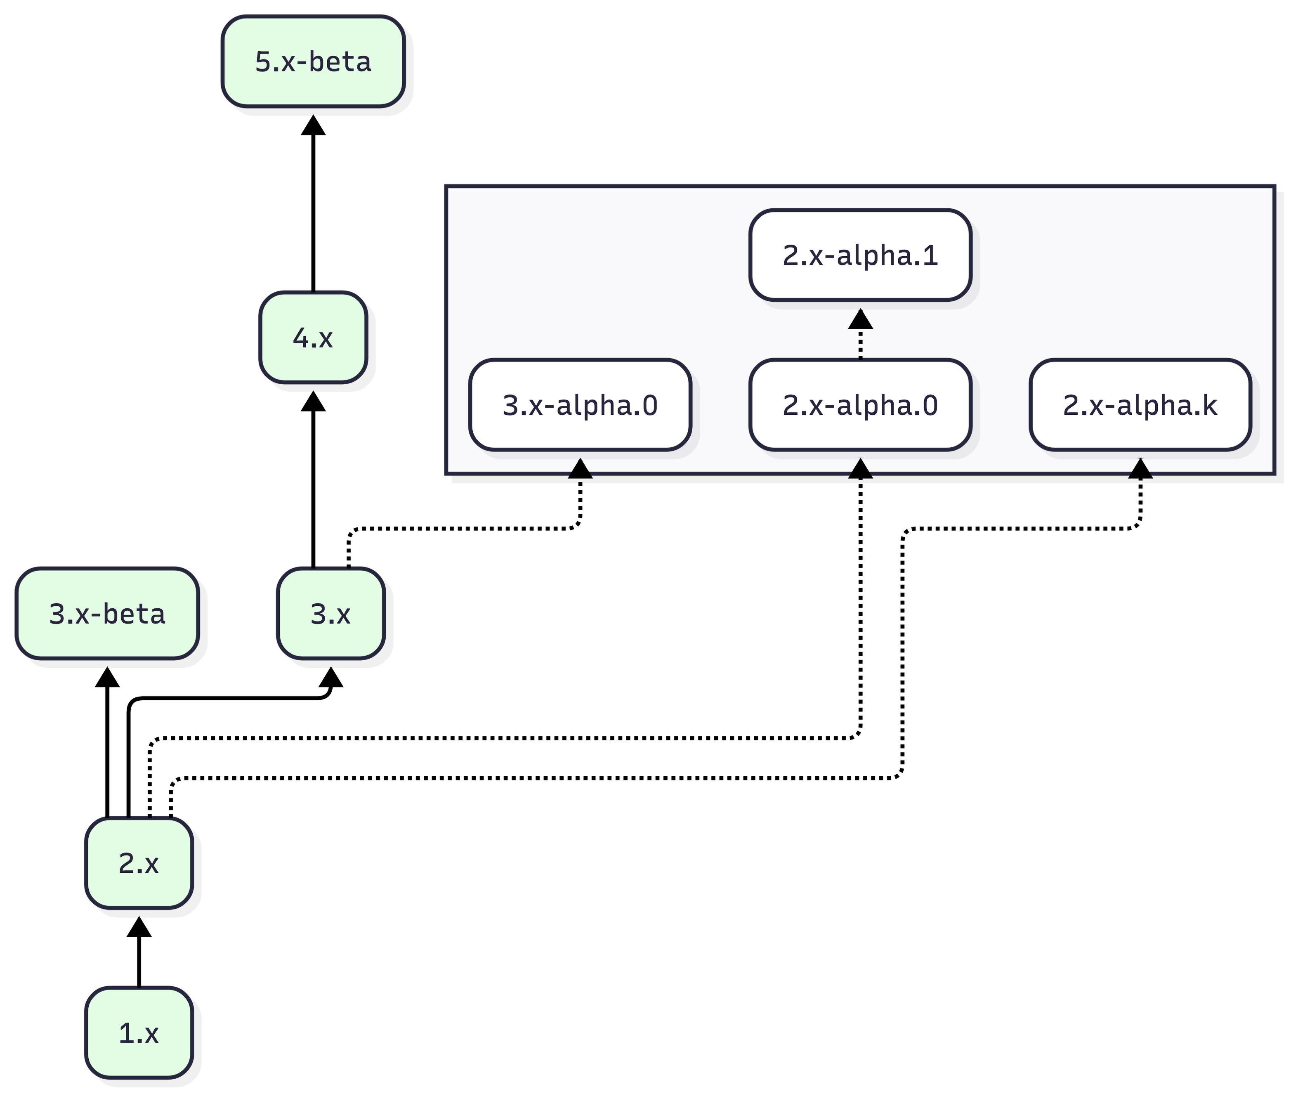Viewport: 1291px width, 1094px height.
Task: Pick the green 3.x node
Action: tap(330, 613)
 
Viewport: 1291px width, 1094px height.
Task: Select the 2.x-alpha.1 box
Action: tap(859, 255)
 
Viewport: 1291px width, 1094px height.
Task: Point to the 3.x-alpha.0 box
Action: tap(580, 404)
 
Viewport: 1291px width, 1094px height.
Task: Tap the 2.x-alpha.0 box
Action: tap(859, 404)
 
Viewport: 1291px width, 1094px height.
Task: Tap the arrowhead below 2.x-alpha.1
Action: tap(859, 319)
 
